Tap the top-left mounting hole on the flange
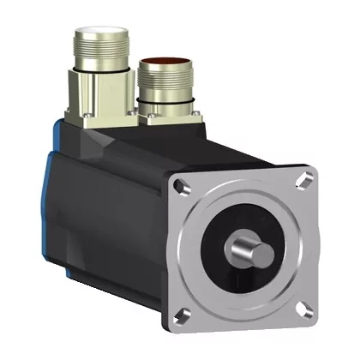(182, 184)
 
